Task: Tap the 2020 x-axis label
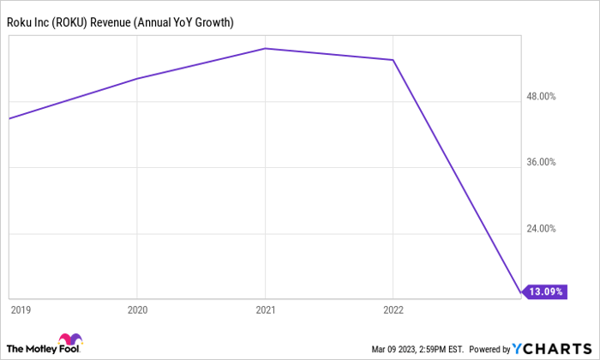tap(137, 309)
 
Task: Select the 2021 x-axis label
tap(265, 309)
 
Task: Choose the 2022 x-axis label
tap(393, 309)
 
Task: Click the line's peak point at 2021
tap(265, 48)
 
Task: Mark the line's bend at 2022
tap(393, 60)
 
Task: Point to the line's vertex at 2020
tap(137, 79)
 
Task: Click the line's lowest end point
tap(519, 292)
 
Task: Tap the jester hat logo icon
tap(69, 340)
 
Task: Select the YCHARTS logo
tap(552, 348)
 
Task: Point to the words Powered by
tap(489, 349)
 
